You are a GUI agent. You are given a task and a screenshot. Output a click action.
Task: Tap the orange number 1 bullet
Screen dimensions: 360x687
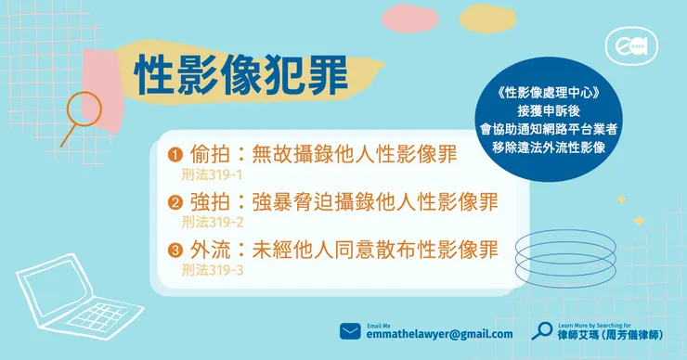pos(174,154)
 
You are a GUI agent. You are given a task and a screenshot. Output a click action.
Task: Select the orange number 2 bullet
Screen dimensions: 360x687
pos(174,203)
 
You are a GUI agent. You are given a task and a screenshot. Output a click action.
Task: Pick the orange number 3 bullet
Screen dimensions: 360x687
pos(174,251)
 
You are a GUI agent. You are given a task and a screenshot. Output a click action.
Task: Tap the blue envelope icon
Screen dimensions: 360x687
pos(350,331)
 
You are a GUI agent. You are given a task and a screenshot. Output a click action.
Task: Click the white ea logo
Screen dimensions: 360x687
pos(625,45)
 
